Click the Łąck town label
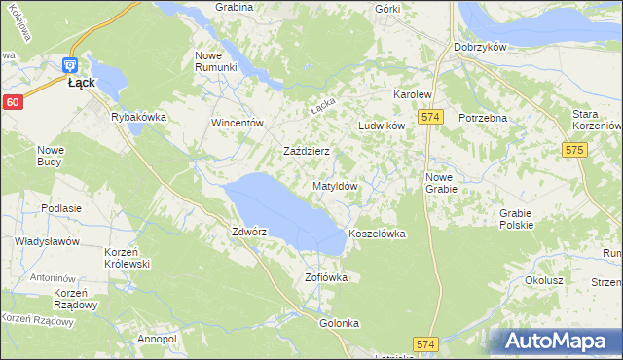[x=81, y=83]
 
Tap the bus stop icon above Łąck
[x=69, y=65]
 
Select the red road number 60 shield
[x=11, y=102]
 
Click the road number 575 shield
[x=573, y=150]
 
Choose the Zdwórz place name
[x=248, y=233]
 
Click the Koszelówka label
[x=376, y=234]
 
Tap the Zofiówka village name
[x=325, y=277]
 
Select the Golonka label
[x=339, y=323]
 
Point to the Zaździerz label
[x=307, y=152]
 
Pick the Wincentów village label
[x=238, y=124]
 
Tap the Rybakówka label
[x=139, y=117]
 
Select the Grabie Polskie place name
[x=516, y=219]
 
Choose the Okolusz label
[x=544, y=280]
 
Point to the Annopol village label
[x=157, y=339]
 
